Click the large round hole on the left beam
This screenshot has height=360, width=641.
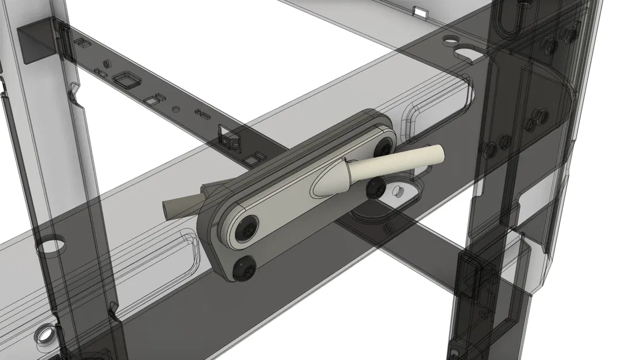pos(51,246)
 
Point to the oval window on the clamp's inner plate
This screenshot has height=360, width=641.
pos(320,185)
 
